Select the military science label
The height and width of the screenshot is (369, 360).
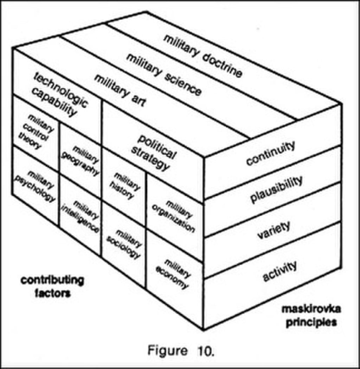tap(164, 74)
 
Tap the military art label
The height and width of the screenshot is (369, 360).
tap(120, 90)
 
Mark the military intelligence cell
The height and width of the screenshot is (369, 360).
tap(81, 216)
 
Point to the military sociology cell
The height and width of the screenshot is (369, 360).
tap(124, 244)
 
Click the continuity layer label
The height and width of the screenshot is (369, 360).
tap(271, 153)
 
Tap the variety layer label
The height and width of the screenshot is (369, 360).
tap(274, 230)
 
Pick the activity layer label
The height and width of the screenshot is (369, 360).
tap(280, 271)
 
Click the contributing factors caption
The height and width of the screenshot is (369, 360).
tap(52, 286)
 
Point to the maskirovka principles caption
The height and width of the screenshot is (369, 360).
tap(311, 316)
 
